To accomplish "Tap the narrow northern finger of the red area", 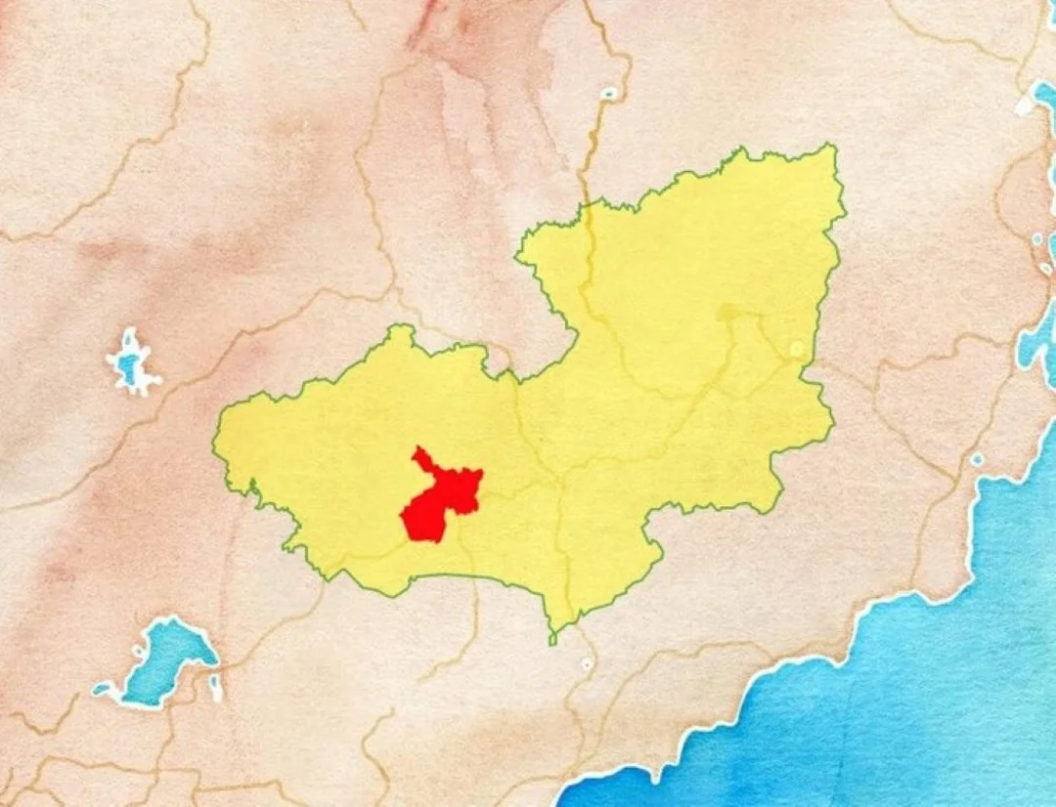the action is point(421,458).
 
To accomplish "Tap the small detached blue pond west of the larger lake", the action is point(103,690).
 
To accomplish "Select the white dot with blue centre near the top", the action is point(609,94).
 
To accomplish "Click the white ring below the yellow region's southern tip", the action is point(587,664).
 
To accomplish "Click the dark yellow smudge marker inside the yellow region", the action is point(726,313).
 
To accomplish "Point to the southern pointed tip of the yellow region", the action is point(552,640).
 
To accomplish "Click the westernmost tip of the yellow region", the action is point(215,445).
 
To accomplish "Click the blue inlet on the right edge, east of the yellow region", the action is point(1036,342).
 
